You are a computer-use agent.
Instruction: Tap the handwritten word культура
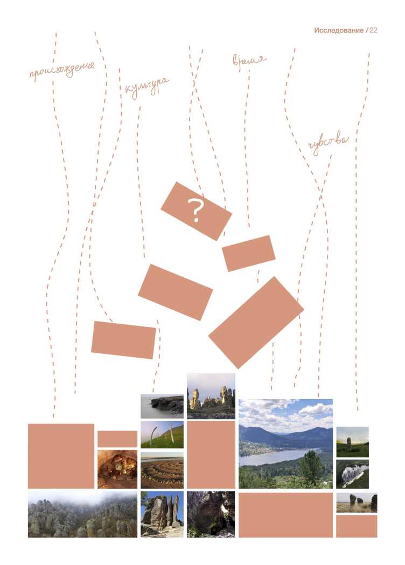tap(146, 87)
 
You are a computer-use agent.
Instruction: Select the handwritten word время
tap(249, 61)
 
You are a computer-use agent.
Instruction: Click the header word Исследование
tap(339, 30)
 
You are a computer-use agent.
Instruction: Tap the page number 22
tap(373, 30)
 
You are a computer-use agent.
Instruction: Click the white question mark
tap(195, 210)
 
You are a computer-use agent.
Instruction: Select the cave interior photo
tap(117, 469)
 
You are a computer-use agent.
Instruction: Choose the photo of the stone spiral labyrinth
tap(162, 470)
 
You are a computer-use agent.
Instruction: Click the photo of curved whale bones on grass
tap(162, 435)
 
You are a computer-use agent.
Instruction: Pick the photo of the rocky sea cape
tap(162, 406)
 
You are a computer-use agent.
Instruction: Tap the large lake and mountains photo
tap(286, 444)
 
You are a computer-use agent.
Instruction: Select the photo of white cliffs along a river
tap(352, 474)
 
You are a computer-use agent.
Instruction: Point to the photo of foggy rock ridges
tap(82, 514)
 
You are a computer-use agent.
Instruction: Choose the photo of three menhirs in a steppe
tap(357, 503)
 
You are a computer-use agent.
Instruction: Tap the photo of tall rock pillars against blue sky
tap(162, 514)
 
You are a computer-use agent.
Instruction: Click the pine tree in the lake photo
tap(312, 466)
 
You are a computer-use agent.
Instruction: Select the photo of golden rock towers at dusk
tap(211, 396)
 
